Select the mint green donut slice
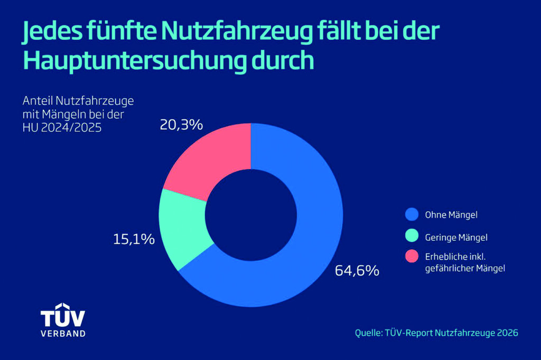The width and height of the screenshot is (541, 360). (x=183, y=228)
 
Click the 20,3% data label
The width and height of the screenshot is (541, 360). (x=181, y=125)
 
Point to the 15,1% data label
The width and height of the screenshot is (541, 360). (x=134, y=239)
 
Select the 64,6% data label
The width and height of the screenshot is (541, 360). (x=357, y=271)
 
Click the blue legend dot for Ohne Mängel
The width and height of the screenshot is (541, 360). (x=412, y=214)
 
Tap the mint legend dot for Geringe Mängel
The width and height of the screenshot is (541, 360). (x=412, y=236)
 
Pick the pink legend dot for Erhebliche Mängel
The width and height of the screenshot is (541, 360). (x=412, y=256)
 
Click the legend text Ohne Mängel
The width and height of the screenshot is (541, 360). (x=451, y=215)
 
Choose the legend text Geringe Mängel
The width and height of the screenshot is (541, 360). (x=456, y=238)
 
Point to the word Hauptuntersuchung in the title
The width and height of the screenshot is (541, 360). (x=135, y=61)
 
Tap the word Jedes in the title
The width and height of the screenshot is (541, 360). (x=52, y=32)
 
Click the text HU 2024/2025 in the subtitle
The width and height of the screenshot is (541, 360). (x=62, y=128)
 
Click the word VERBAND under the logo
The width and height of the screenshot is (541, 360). (x=63, y=334)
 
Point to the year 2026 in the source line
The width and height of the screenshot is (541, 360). (x=508, y=333)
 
